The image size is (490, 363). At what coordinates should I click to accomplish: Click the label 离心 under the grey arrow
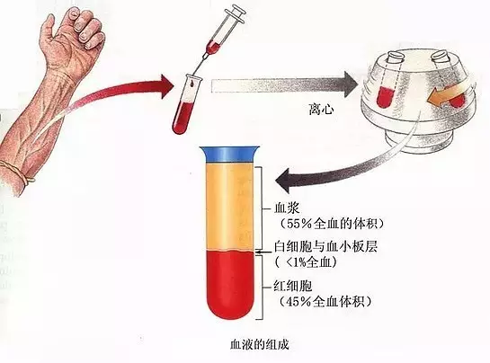click(x=321, y=110)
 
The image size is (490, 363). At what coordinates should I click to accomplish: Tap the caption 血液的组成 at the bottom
click(x=259, y=345)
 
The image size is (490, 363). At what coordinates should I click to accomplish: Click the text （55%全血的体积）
click(x=331, y=224)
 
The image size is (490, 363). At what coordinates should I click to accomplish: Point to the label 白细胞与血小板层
click(x=325, y=246)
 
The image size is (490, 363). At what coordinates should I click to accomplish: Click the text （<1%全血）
click(x=307, y=261)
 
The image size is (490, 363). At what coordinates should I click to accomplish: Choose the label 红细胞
click(x=292, y=286)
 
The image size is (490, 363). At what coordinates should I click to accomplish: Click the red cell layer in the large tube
click(x=230, y=284)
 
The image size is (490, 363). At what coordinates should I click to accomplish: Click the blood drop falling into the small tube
click(x=191, y=83)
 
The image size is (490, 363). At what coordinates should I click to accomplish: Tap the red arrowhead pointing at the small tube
click(x=166, y=86)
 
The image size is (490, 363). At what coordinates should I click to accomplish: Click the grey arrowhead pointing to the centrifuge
click(x=351, y=84)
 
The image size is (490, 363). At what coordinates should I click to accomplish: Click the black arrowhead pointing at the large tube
click(x=284, y=181)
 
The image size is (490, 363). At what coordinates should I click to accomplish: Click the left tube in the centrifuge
click(x=388, y=81)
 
